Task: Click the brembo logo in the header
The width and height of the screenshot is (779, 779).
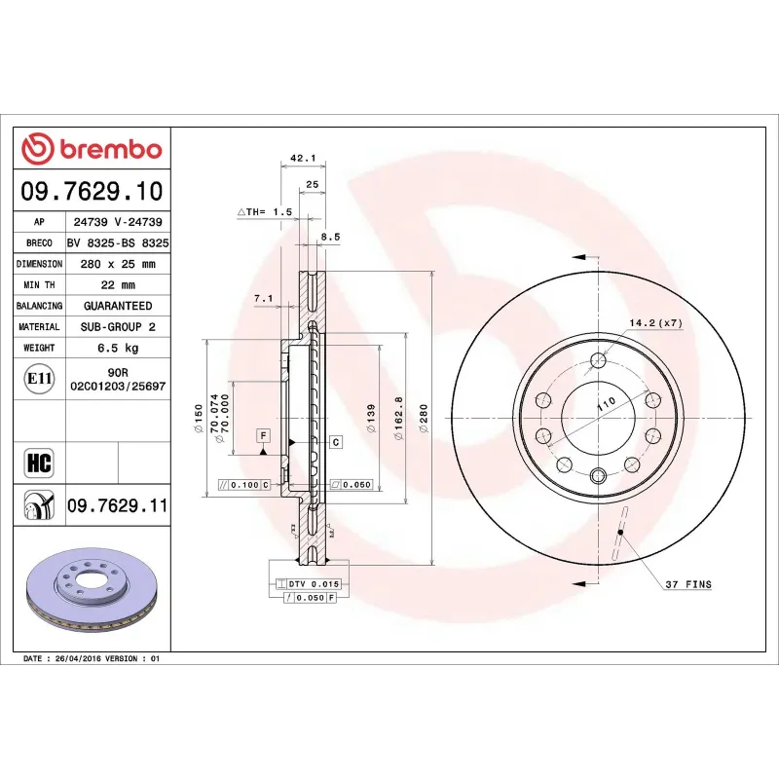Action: coord(92,149)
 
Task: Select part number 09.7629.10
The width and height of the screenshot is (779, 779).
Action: coord(92,191)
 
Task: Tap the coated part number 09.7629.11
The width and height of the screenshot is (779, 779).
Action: coord(117,506)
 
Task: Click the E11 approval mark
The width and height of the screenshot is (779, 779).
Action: coord(39,378)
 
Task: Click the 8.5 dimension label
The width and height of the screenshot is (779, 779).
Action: coord(331,236)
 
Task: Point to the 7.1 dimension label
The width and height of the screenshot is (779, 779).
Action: coord(263,298)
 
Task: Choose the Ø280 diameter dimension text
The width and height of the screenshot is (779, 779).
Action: coord(423,419)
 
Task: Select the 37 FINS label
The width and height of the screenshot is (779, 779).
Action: coord(687,584)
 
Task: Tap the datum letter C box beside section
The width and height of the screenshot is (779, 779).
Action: coord(336,442)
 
